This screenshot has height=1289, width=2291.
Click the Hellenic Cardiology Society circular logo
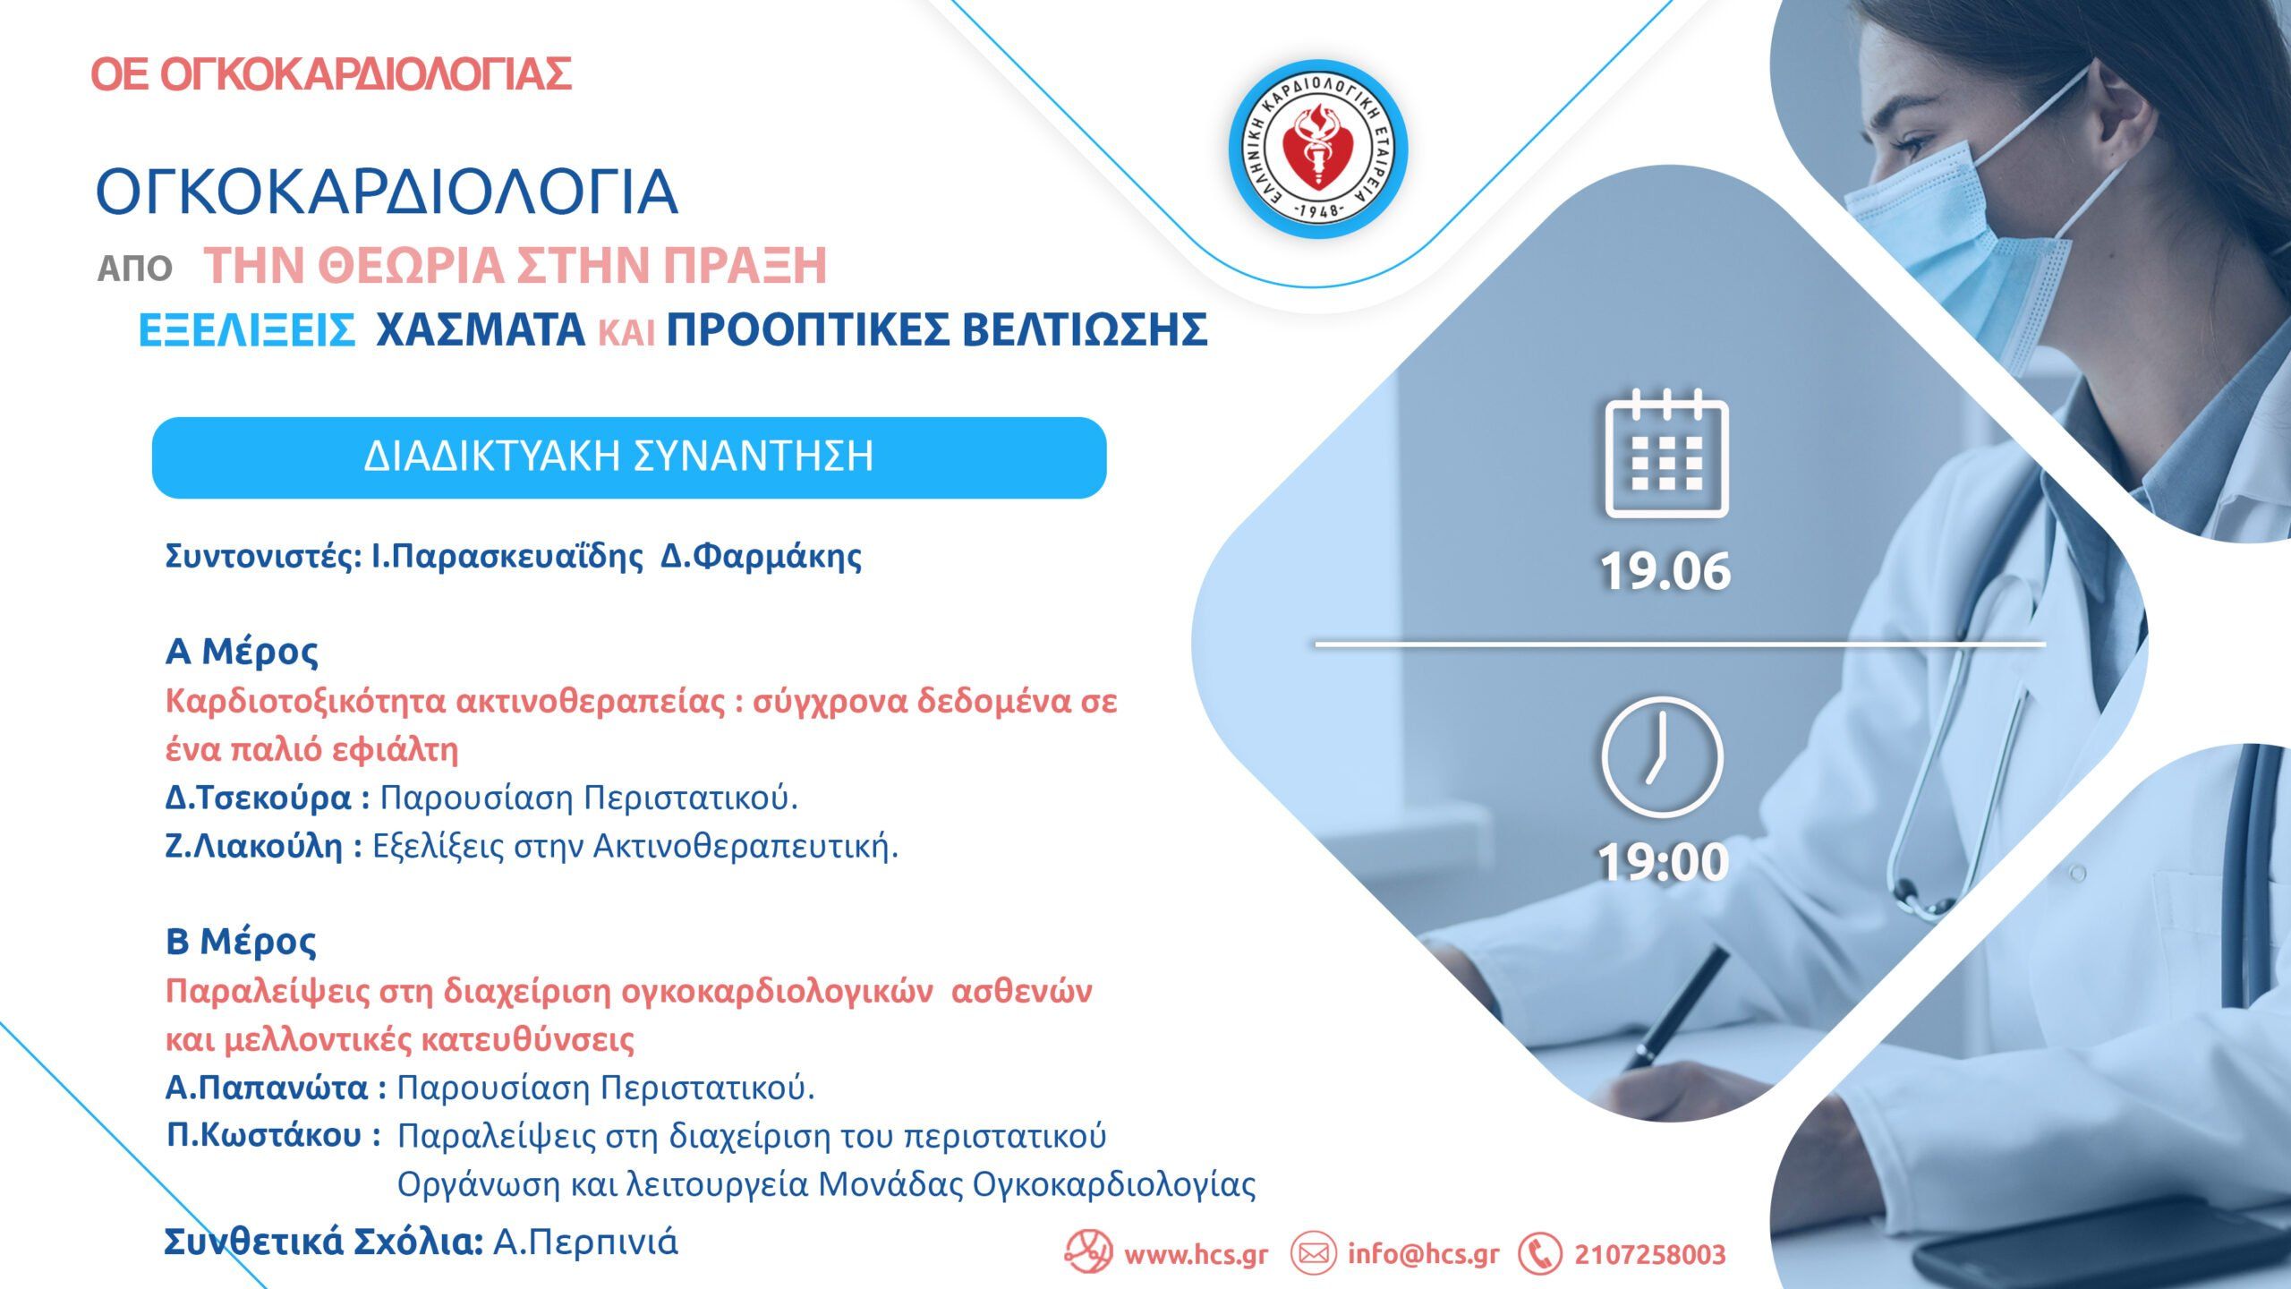pos(1317,149)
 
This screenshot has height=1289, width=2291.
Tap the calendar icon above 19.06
pos(1666,454)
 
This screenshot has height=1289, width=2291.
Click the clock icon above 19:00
pos(1662,757)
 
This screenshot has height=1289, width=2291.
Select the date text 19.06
pos(1665,571)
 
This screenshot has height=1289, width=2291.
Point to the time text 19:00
pos(1663,862)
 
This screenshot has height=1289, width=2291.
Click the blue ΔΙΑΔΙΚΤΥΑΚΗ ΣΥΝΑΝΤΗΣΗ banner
pos(629,457)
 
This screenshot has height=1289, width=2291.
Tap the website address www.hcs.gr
pos(1196,1254)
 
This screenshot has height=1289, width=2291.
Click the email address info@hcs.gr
pos(1423,1254)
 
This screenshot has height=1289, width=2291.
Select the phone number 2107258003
pos(1650,1255)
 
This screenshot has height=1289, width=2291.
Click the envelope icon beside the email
pos(1313,1254)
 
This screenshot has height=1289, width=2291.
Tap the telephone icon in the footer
pos(1540,1254)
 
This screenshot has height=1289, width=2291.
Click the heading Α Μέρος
pos(242,652)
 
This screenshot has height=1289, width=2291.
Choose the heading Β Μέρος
pos(241,942)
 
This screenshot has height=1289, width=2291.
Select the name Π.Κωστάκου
pos(264,1136)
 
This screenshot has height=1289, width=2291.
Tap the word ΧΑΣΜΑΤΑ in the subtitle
pos(481,329)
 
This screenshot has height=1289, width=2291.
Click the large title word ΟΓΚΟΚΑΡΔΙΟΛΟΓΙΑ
pos(387,192)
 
